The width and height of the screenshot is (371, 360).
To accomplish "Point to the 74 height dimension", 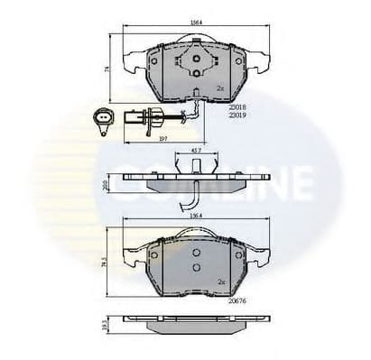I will point(105,69).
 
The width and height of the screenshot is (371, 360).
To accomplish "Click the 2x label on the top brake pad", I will point(220,88).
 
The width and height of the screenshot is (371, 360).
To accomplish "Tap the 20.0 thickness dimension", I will point(106,183).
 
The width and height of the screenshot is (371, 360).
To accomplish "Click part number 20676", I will point(238,289).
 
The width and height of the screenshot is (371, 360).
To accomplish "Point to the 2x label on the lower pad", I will point(220,281).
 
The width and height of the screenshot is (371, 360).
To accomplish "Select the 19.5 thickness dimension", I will point(107,323).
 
